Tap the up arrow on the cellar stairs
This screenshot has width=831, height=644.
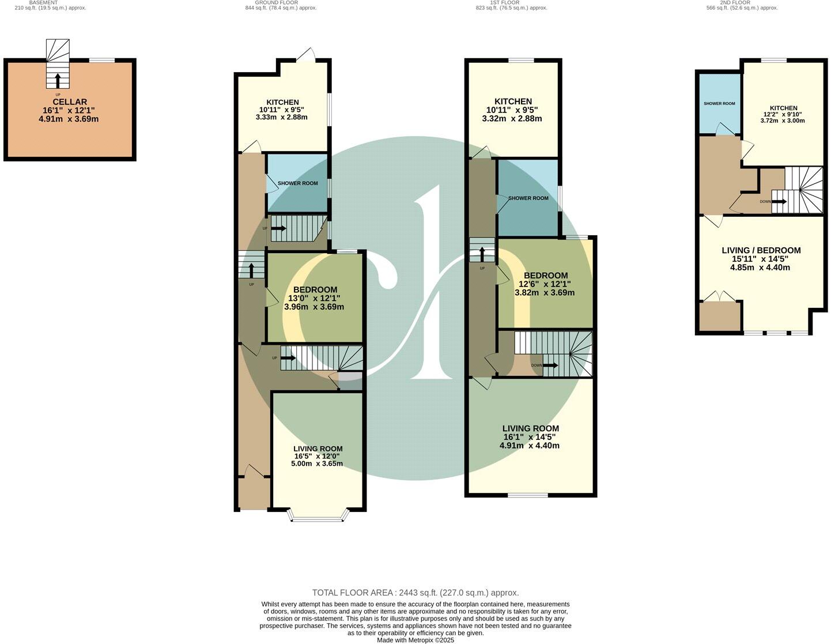57,80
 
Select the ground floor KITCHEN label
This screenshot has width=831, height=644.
282,103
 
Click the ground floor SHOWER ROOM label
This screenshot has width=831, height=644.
297,183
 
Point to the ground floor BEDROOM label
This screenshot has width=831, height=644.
315,289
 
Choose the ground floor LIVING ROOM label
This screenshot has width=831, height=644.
318,449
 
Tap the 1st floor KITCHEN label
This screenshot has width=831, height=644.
512,101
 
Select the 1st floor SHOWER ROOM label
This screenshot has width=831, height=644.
528,198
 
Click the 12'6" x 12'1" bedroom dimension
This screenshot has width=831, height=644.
545,284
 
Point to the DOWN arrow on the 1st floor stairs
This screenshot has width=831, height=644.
550,365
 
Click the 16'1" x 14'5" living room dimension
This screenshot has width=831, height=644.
530,437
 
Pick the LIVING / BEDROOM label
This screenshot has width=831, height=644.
761,250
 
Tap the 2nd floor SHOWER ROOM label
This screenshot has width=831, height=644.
719,104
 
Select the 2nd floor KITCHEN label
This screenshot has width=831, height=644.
783,108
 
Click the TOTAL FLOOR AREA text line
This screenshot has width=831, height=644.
415,593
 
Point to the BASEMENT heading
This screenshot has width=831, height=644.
43,3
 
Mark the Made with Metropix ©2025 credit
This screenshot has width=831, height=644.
415,640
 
